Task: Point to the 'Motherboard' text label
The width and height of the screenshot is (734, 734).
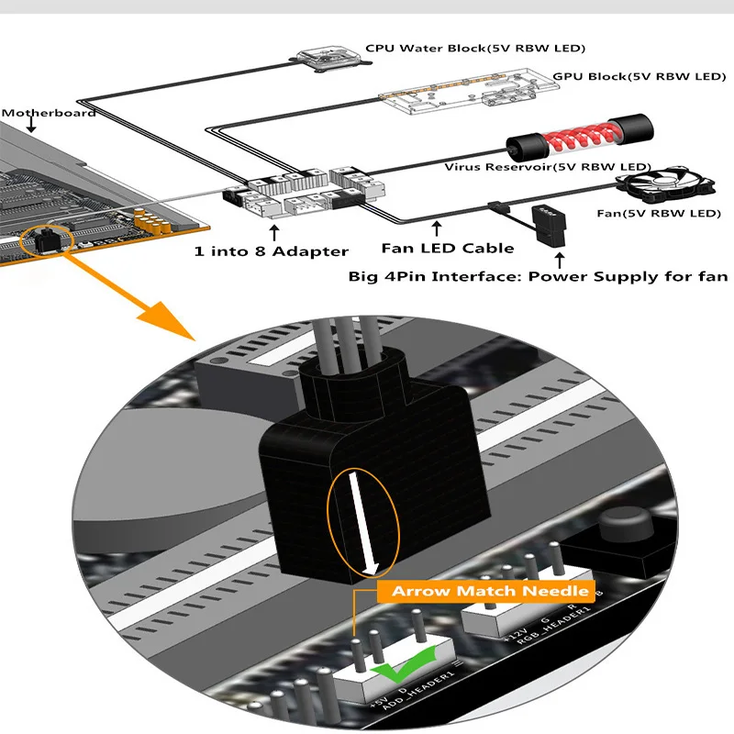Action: tap(49, 114)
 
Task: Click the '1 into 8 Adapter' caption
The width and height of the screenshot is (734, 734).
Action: tap(271, 250)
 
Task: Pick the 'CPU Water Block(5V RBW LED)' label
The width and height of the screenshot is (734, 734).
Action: tap(475, 48)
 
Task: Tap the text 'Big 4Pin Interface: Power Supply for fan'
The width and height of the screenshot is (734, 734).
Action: tap(538, 276)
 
